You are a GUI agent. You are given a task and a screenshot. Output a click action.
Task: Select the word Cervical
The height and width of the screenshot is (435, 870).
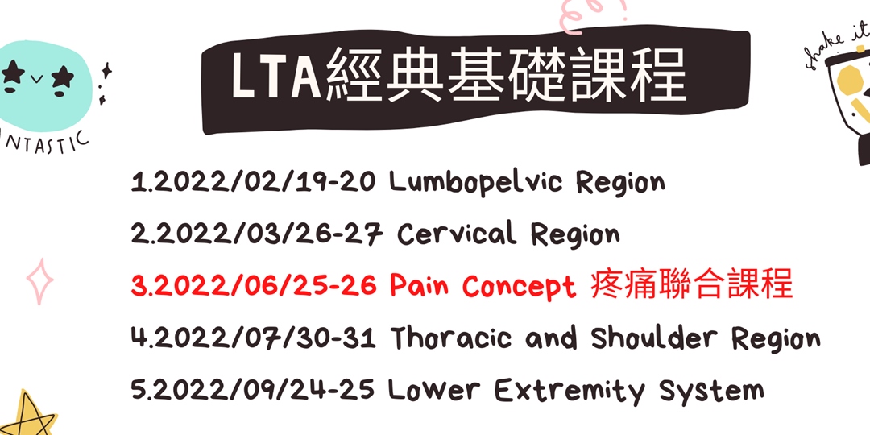pyautogui.click(x=457, y=234)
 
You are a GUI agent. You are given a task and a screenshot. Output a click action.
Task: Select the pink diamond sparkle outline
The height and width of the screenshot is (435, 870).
pyautogui.click(x=39, y=282)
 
